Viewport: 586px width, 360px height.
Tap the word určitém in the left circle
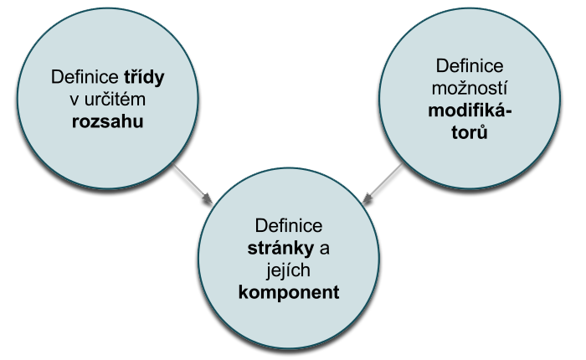pos(121,100)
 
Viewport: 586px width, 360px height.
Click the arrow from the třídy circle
pos(189,182)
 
